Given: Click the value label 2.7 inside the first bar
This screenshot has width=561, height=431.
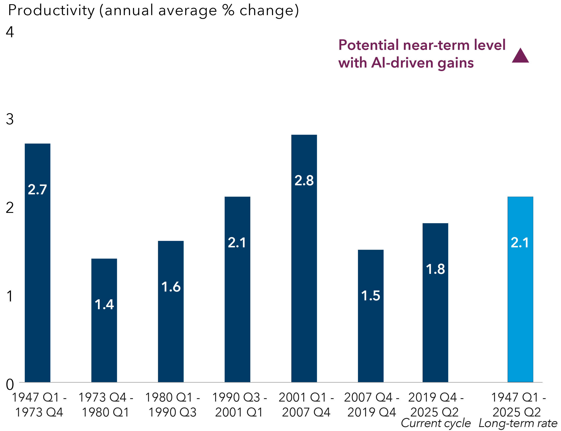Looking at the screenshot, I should click(37, 190).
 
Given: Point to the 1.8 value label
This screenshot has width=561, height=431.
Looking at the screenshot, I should click(435, 269).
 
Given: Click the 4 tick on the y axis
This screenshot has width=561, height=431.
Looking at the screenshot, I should click(10, 32).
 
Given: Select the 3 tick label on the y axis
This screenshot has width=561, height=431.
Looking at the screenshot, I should click(10, 119).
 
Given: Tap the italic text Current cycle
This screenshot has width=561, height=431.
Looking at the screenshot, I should click(436, 423).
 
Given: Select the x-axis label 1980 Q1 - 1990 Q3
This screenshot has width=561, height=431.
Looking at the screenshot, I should click(172, 404).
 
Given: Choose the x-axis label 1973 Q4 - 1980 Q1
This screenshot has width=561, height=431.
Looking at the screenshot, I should click(105, 404).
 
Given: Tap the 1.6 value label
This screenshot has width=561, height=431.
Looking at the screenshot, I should click(171, 287).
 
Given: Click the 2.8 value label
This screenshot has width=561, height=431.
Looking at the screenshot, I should click(304, 180).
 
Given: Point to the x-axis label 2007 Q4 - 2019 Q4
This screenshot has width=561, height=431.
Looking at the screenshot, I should click(372, 404).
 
